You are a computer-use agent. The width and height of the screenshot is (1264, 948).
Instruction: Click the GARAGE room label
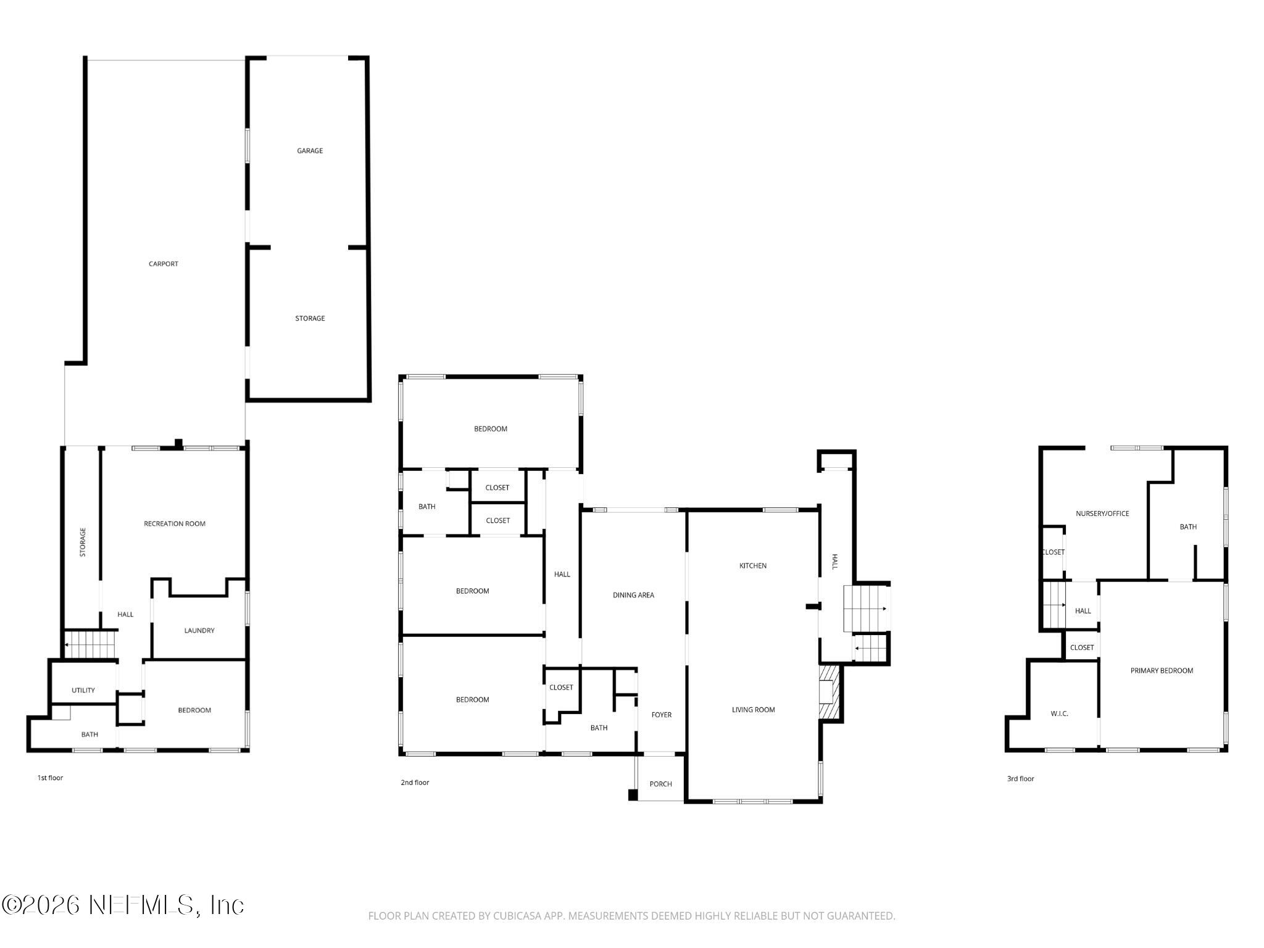pos(310,151)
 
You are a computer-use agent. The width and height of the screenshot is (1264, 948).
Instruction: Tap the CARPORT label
pos(163,264)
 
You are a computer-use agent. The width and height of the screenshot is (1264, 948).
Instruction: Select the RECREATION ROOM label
pos(175,524)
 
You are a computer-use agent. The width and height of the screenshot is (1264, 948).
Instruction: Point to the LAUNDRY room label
pos(199,631)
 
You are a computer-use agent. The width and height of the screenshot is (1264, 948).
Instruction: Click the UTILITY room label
pos(83,691)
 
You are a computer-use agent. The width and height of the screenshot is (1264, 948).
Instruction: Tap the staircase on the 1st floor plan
pos(91,644)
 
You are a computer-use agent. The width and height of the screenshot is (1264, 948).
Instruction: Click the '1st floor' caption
pos(50,778)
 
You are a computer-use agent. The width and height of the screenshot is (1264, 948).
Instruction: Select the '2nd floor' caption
pos(415,783)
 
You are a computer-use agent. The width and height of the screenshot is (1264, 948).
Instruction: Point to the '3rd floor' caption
pos(1020,779)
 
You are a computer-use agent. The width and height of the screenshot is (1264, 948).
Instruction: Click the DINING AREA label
pos(633,596)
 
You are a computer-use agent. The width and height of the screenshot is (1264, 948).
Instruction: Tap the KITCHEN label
pos(753,566)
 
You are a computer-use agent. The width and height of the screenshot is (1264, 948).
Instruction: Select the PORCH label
pos(660,784)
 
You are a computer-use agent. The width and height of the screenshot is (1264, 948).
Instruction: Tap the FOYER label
pos(662,715)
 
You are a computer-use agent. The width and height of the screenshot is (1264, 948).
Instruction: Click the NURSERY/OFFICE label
pos(1102,513)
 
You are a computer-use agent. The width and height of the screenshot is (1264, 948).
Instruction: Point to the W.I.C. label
pos(1059,714)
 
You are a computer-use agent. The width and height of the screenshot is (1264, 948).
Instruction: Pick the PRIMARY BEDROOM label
pos(1162,671)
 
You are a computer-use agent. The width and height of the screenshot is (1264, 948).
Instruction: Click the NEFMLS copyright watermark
pos(123,905)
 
